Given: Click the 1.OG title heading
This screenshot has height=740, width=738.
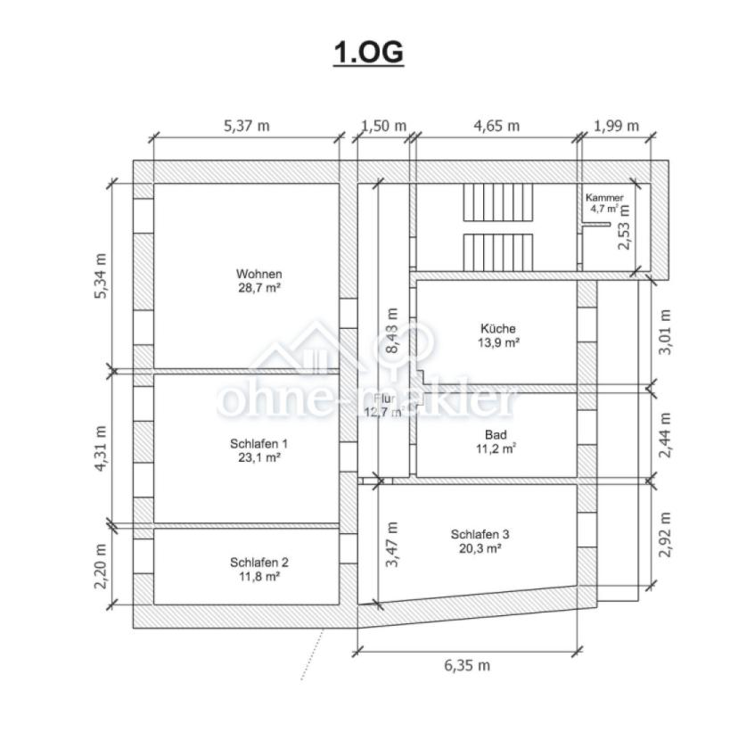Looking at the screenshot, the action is (368, 52).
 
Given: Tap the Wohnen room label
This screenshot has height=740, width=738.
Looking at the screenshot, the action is (259, 274).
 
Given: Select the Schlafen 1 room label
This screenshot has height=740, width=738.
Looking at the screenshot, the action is (258, 444).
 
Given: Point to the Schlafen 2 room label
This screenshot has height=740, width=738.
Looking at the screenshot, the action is (259, 562).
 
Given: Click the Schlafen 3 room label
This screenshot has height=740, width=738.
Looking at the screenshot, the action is (480, 534).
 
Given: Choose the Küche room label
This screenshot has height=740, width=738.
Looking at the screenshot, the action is (498, 328).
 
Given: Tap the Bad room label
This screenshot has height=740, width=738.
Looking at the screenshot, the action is (496, 435).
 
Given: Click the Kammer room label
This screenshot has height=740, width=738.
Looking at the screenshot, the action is (604, 198).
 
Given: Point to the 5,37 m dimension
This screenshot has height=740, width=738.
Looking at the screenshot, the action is (246, 126).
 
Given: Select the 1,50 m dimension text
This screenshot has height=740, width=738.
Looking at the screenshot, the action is (383, 126).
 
